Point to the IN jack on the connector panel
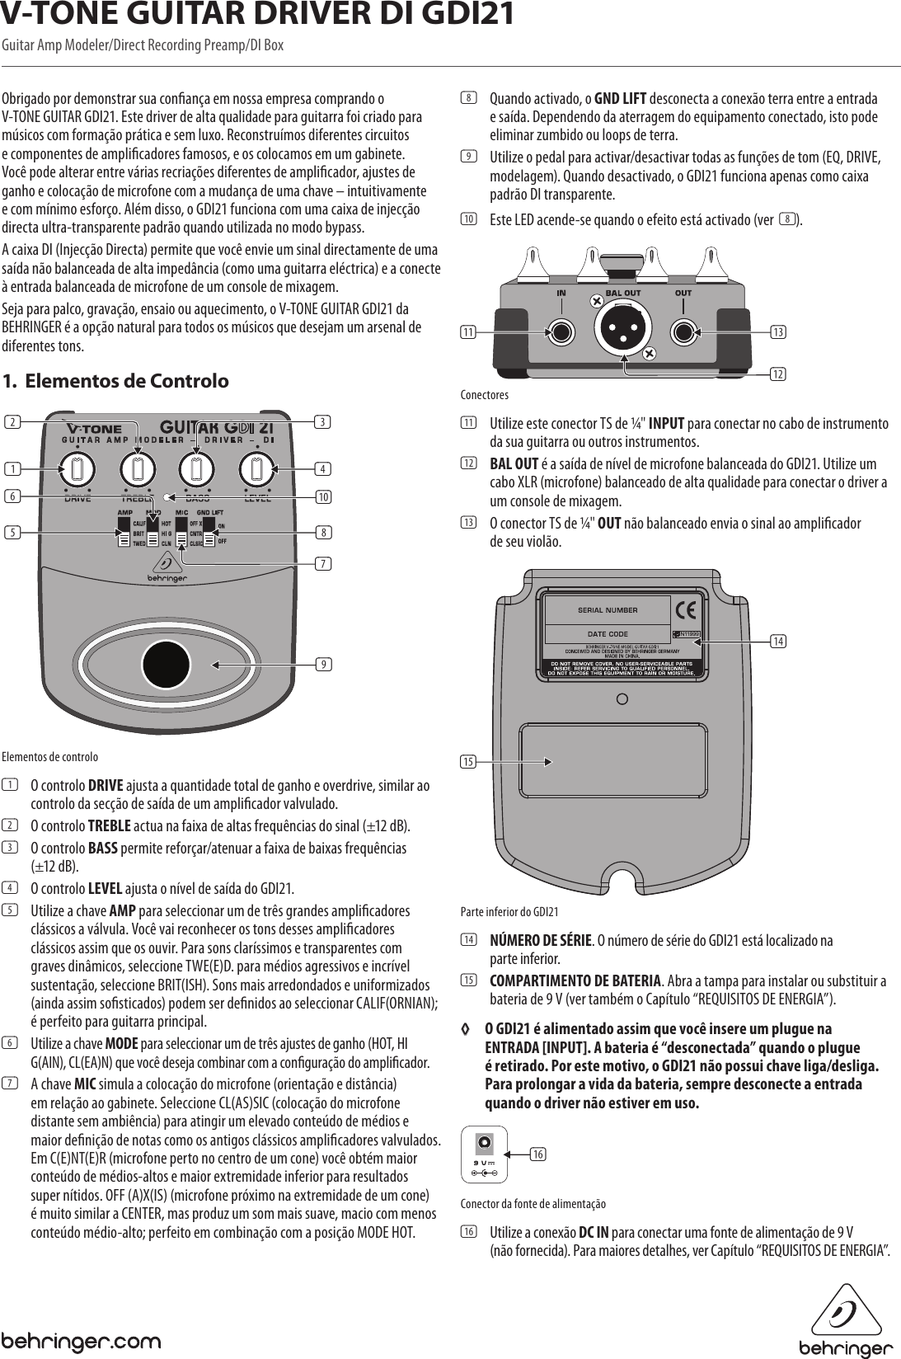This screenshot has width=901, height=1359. click(561, 332)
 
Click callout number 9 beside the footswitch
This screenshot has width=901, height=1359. click(326, 664)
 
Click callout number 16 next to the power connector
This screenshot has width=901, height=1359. click(538, 1154)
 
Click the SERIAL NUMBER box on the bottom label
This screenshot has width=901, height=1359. click(607, 610)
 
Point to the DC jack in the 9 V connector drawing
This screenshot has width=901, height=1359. click(484, 1143)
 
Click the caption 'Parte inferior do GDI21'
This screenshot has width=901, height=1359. click(509, 911)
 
